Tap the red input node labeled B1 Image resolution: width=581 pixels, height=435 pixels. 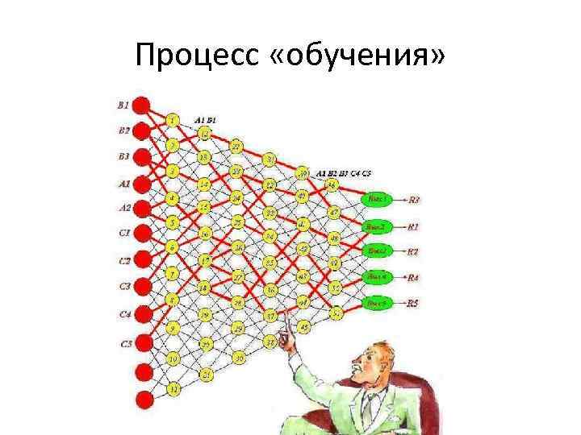pyautogui.click(x=142, y=106)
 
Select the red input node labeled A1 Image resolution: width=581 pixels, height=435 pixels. pyautogui.click(x=142, y=183)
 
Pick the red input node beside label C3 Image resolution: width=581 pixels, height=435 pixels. pyautogui.click(x=142, y=286)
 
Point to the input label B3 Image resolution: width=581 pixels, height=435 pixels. pyautogui.click(x=123, y=156)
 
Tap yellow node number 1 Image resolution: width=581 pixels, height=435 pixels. pyautogui.click(x=173, y=120)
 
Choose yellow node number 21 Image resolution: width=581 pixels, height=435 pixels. pyautogui.click(x=206, y=374)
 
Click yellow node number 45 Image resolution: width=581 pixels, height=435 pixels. pyautogui.click(x=303, y=327)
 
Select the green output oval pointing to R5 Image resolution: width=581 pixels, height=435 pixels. pyautogui.click(x=377, y=304)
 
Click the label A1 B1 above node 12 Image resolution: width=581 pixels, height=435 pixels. pyautogui.click(x=205, y=119)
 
